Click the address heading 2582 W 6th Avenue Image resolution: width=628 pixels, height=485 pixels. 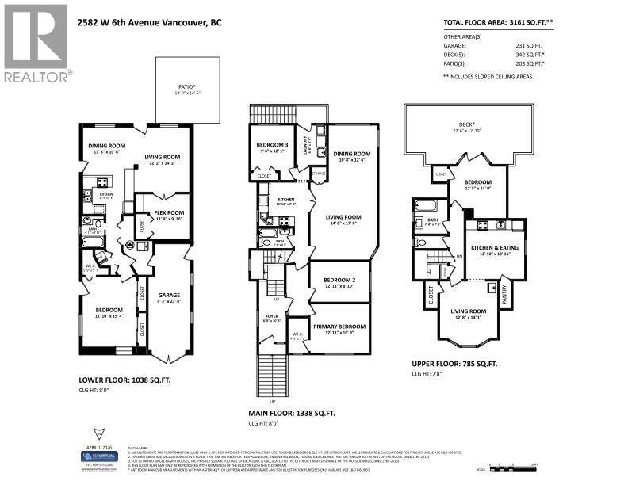point(151,23)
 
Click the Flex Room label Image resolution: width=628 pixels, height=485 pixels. point(163,212)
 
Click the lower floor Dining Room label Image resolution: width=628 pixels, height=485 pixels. point(106,146)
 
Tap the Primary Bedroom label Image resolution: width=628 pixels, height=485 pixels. point(339,326)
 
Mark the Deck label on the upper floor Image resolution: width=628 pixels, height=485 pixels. point(466,124)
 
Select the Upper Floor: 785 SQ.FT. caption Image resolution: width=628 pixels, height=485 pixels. point(454,363)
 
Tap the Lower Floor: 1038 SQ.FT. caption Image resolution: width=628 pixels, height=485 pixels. point(124,380)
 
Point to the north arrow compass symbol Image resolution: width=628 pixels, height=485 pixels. point(98,433)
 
